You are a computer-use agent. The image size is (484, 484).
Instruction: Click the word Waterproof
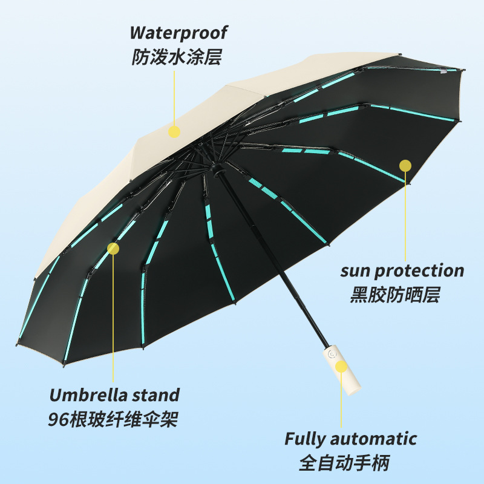tap(178, 32)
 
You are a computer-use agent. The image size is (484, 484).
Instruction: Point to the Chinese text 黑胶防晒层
tap(394, 295)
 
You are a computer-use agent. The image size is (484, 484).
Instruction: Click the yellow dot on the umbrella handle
tap(342, 367)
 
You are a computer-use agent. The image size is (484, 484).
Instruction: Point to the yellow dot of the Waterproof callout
tap(175, 131)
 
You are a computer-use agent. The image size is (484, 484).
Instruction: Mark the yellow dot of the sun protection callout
tap(405, 165)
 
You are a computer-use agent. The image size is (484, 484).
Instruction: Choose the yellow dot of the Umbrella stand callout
tap(113, 247)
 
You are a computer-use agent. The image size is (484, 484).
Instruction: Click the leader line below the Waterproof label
tap(175, 97)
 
